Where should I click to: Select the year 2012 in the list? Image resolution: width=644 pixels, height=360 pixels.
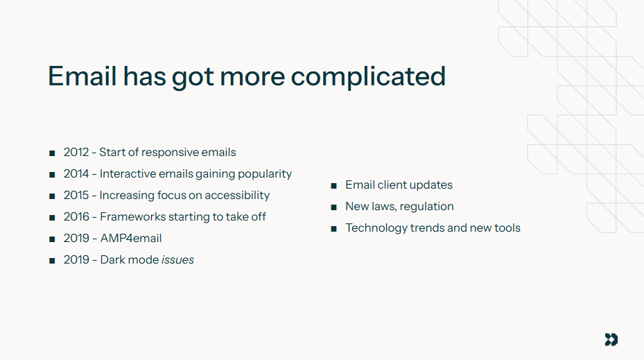(76, 152)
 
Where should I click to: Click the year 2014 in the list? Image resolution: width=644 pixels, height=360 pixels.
(76, 173)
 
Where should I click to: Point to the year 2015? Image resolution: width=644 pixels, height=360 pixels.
(76, 195)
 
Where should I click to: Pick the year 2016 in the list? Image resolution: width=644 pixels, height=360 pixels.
(76, 216)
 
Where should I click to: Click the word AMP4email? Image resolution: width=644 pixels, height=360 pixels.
(131, 238)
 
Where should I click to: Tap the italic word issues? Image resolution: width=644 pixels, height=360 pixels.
(177, 259)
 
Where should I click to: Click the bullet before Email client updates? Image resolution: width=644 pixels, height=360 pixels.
(333, 186)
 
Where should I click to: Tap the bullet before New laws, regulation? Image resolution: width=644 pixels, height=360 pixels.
(333, 207)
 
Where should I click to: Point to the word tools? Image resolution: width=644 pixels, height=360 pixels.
(507, 228)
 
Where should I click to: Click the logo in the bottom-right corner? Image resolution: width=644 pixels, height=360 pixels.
(611, 339)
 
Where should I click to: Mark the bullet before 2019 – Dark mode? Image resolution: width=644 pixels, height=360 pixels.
(52, 261)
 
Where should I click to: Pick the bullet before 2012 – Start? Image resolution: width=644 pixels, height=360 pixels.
(52, 153)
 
